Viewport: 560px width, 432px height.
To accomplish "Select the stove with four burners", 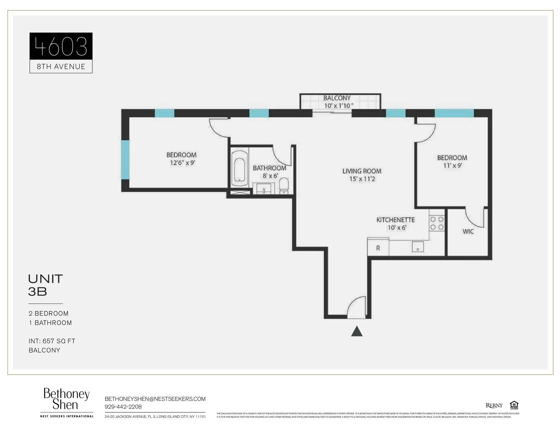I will (x=437, y=223).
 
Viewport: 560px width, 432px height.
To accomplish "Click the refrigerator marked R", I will (x=378, y=248).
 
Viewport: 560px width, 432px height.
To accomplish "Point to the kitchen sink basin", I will (x=418, y=247).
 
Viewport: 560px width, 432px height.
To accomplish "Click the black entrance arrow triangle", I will (x=357, y=332).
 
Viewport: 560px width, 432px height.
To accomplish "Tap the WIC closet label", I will (x=468, y=232).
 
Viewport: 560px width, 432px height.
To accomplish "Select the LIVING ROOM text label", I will (x=362, y=171).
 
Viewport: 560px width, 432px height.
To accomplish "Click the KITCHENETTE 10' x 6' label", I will (x=395, y=224).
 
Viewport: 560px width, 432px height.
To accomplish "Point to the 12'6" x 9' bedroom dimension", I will (x=182, y=163).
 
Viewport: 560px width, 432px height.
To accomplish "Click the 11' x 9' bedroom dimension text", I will (x=452, y=165).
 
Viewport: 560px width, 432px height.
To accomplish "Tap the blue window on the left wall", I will (x=125, y=160).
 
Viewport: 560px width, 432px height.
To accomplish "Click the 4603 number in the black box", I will (x=61, y=46).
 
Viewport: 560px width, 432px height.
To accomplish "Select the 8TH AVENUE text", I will (x=61, y=67).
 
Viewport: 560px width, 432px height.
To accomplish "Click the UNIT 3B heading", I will (x=45, y=285).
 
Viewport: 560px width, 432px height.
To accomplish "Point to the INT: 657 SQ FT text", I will (x=52, y=341).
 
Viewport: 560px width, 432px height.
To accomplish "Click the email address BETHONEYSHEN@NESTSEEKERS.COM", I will (x=155, y=399).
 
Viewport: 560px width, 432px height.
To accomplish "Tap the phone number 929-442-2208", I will (x=123, y=407).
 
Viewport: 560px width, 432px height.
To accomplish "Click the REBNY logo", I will (x=494, y=406).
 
